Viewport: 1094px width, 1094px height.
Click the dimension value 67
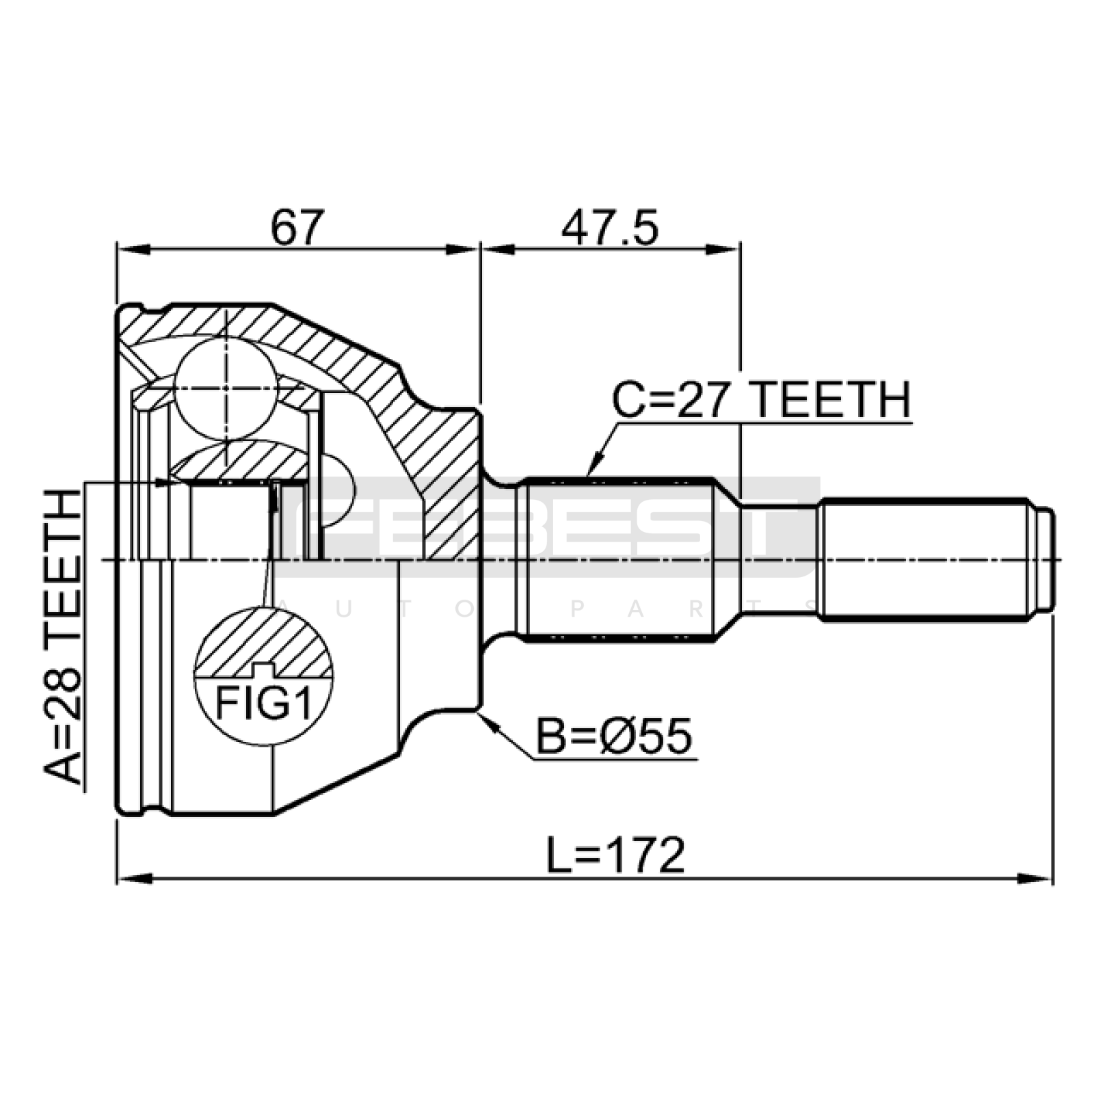click(295, 228)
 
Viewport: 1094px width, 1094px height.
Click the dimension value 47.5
click(610, 228)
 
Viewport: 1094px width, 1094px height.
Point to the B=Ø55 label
click(614, 736)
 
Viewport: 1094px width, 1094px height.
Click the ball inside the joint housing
click(226, 388)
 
